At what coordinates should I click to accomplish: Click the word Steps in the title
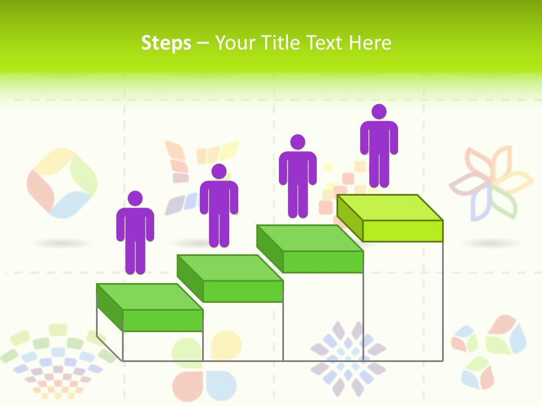[x=166, y=43]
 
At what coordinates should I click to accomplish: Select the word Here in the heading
[x=370, y=43]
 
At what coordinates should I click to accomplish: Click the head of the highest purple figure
[x=379, y=112]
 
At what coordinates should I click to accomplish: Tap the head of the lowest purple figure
[x=135, y=198]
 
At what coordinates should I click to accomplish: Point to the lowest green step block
[x=150, y=307]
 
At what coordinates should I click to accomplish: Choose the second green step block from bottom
[x=230, y=278]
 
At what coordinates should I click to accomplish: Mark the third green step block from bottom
[x=310, y=249]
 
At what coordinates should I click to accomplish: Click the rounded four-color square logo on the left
[x=62, y=183]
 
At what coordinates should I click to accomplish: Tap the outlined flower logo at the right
[x=491, y=182]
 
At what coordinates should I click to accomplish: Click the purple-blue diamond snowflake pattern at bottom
[x=348, y=358]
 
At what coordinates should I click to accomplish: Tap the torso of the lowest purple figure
[x=135, y=226]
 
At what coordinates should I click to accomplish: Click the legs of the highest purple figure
[x=379, y=169]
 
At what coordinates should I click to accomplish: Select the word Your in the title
[x=235, y=43]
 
